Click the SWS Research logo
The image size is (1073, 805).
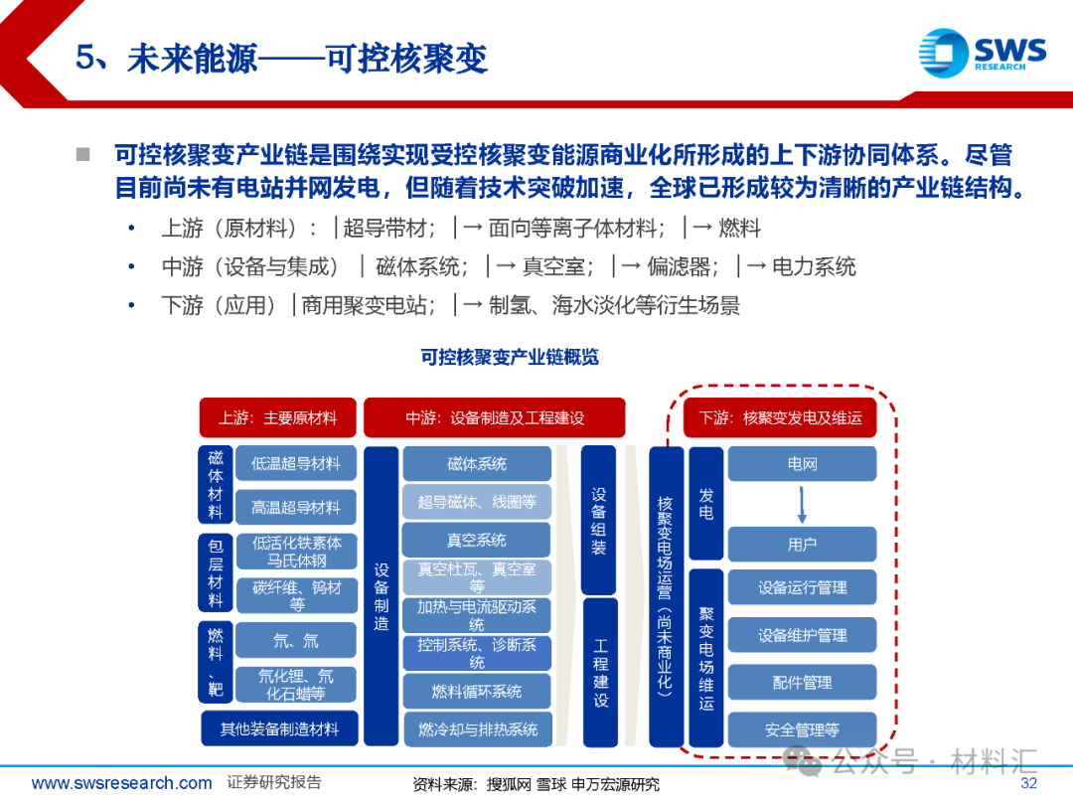click(x=982, y=50)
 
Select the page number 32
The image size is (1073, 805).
click(x=1028, y=783)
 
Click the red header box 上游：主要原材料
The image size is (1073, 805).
click(x=277, y=418)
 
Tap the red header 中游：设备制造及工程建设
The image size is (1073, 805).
click(x=494, y=418)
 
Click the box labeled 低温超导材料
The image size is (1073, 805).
click(x=296, y=463)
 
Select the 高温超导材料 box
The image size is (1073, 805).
click(x=296, y=508)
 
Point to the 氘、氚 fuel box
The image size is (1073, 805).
click(x=296, y=641)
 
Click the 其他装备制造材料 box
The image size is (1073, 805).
click(x=279, y=728)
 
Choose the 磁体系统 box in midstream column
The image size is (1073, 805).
click(x=476, y=463)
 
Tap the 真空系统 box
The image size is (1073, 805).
click(x=476, y=540)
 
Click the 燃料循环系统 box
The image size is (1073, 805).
click(x=476, y=691)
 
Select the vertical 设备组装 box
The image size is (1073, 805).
click(x=599, y=519)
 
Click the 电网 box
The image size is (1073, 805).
click(x=802, y=464)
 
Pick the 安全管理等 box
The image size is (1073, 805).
click(x=802, y=729)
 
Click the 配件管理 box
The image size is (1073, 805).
click(x=802, y=683)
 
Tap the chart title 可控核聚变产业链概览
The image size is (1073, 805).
click(x=510, y=357)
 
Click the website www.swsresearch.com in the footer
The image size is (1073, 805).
click(x=121, y=783)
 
